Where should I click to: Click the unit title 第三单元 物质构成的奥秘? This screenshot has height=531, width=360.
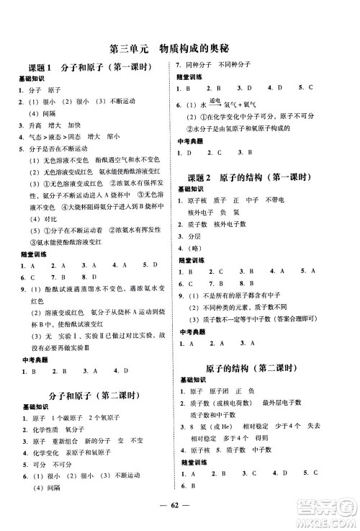[x=179, y=50]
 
